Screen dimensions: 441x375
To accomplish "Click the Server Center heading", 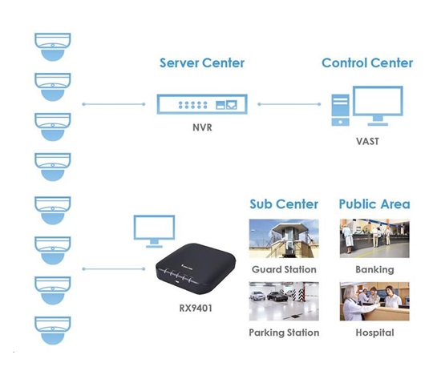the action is (x=202, y=63).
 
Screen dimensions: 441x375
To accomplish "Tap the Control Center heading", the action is (x=367, y=63).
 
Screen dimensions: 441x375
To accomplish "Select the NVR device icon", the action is (x=202, y=104).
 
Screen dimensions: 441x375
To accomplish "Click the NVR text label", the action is (x=202, y=127).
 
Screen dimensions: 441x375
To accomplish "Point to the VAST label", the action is (x=367, y=141).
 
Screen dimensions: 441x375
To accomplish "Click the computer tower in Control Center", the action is (x=340, y=111).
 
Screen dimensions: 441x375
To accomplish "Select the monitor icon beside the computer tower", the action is (x=378, y=106).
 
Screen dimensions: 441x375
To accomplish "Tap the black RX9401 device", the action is (x=196, y=268).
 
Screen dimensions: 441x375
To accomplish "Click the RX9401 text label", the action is (x=196, y=308).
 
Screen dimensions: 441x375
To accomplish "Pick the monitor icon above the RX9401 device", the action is (x=154, y=231).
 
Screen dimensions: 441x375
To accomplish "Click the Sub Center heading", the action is (x=284, y=204).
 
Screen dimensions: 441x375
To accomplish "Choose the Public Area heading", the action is (x=374, y=204).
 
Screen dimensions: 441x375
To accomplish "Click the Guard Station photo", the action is (x=284, y=238).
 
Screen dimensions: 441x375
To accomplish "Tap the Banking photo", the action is (x=374, y=238).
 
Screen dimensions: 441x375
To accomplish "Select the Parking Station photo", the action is (x=284, y=301).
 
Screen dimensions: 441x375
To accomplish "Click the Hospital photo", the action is (x=374, y=301).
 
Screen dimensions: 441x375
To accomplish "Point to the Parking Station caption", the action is (x=284, y=333).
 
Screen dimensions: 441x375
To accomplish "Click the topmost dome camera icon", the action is (x=53, y=46).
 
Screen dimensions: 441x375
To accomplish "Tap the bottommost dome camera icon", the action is (x=53, y=330).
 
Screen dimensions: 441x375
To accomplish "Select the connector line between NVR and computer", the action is (x=289, y=104).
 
